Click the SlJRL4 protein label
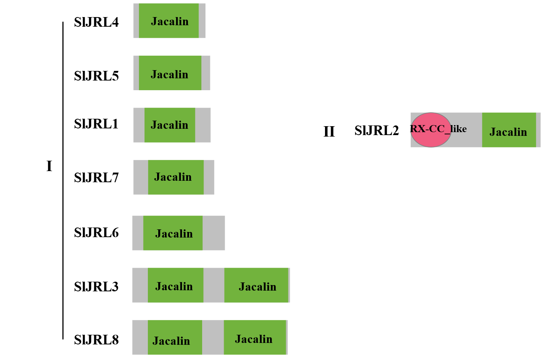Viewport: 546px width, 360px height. coord(96,22)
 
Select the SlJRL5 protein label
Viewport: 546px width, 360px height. coord(96,76)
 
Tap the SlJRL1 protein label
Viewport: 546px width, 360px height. coord(96,124)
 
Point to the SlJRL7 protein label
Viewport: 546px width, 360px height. coord(96,178)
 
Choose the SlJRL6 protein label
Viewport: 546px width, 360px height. coord(96,233)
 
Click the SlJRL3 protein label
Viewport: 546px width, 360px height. coord(96,287)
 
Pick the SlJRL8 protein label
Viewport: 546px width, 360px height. coord(96,340)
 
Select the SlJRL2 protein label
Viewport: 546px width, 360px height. coord(376,131)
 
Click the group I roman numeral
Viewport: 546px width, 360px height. coord(49,166)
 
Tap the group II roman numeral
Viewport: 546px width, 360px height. coord(329,132)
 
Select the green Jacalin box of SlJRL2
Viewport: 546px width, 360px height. coord(509,130)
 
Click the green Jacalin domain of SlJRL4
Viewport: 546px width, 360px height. coord(169,21)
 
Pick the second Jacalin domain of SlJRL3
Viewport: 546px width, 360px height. coord(256,285)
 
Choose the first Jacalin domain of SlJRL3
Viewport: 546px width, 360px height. coord(175,285)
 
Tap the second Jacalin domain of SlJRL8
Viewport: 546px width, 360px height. coord(255,337)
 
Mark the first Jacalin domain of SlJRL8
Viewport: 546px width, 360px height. coord(175,337)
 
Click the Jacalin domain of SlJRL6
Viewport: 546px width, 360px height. coord(173,233)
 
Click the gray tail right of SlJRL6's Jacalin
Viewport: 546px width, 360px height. coord(214,233)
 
